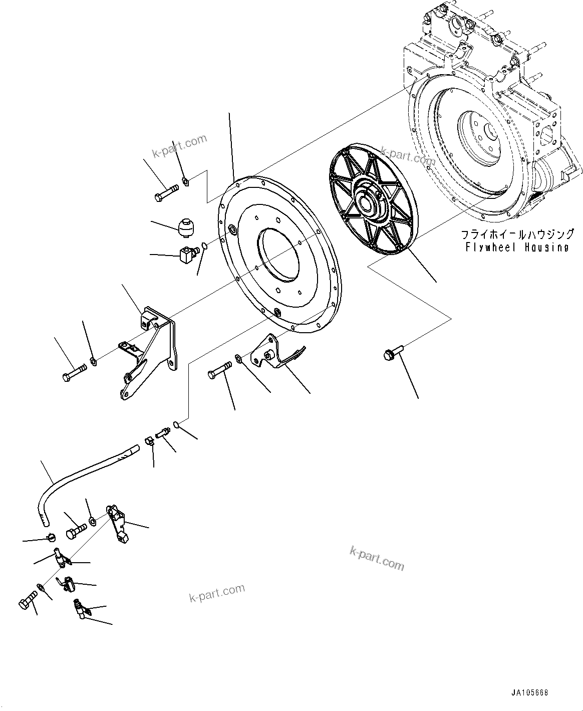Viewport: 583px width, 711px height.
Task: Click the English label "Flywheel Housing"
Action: tap(517, 247)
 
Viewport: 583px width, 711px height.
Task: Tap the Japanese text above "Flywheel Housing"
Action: tap(517, 234)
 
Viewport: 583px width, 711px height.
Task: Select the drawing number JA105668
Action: tap(530, 693)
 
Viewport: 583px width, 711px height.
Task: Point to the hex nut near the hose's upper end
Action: tap(149, 441)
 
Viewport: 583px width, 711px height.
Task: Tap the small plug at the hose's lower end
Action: tap(49, 538)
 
